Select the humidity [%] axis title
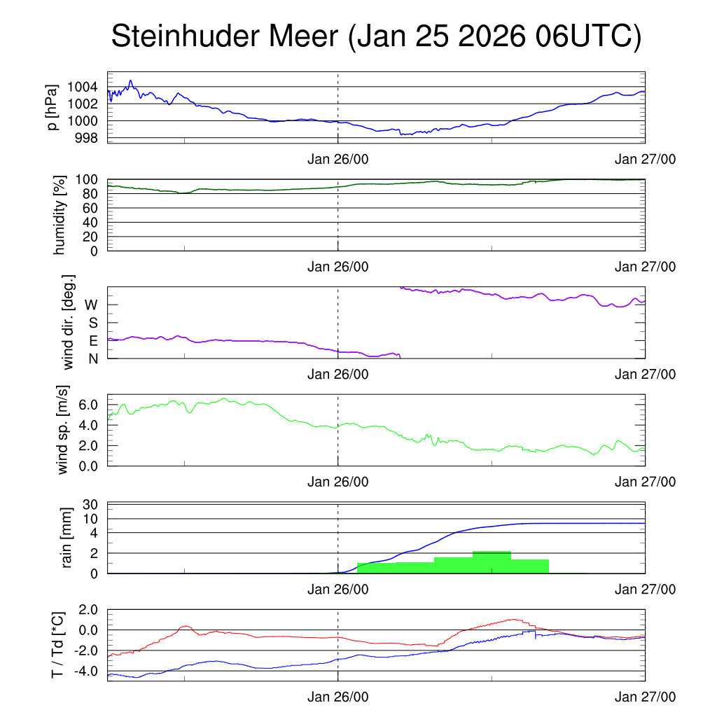point(60,215)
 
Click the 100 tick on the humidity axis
point(90,179)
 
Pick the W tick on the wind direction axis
point(91,305)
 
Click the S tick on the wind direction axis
point(92,323)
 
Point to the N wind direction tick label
point(92,358)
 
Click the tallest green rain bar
point(492,562)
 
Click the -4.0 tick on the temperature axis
point(86,671)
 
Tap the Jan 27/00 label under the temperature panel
point(645,697)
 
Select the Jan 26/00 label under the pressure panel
point(337,159)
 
